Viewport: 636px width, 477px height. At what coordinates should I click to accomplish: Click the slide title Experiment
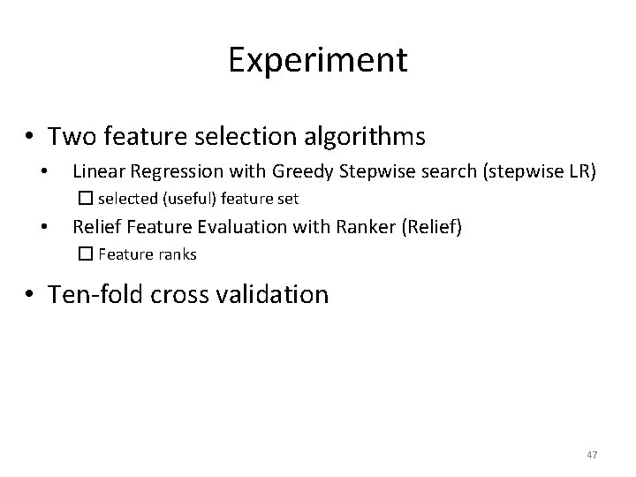pos(318,60)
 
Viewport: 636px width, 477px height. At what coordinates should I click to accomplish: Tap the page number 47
pos(592,454)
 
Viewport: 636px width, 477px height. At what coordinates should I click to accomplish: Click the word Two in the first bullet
pos(69,137)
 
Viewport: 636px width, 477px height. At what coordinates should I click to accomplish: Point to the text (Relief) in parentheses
pos(431,227)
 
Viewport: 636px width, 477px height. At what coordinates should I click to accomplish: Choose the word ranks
pos(177,254)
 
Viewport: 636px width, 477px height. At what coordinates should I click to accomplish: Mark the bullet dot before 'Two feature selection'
pos(30,138)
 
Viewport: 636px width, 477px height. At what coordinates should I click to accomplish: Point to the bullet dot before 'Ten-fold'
pos(30,293)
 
